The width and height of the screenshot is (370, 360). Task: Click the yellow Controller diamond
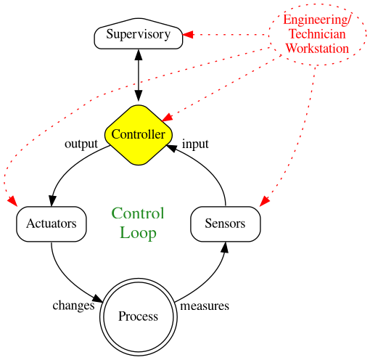[138, 134]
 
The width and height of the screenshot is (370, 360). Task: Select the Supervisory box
[138, 35]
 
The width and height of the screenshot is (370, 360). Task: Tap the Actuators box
[52, 224]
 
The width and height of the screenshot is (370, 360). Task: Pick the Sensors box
[225, 224]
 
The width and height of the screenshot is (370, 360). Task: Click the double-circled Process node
[138, 316]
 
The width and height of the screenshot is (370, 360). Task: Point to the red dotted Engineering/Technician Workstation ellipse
[317, 34]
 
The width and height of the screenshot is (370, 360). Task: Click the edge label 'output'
[81, 144]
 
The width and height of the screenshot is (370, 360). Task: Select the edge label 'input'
[195, 144]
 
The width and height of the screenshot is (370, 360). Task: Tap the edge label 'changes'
[73, 306]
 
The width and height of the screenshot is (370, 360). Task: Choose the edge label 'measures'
[205, 306]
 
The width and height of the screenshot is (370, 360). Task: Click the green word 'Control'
[138, 213]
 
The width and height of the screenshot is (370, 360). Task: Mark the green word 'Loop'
[138, 233]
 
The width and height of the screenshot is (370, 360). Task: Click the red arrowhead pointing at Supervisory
[186, 34]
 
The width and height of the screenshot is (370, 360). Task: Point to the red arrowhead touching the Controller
[166, 116]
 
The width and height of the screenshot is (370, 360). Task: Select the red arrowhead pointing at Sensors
[265, 200]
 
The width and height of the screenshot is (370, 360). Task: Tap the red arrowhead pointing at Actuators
[12, 200]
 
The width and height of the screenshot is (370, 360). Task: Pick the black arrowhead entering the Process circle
[97, 297]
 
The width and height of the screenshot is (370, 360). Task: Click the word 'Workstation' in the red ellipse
[317, 48]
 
